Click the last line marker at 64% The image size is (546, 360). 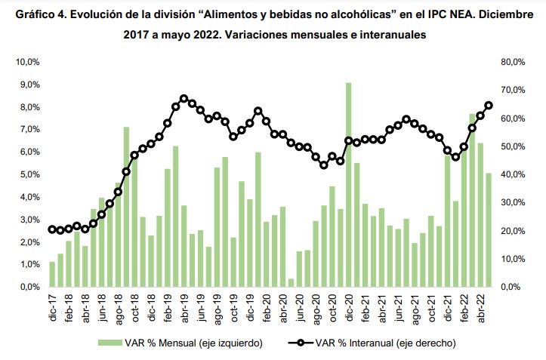[489, 106]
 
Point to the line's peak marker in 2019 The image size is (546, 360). [184, 98]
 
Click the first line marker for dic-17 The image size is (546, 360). [52, 229]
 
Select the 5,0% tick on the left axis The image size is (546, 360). [29, 174]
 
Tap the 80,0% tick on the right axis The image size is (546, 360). [513, 62]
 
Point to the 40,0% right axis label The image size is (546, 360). [513, 174]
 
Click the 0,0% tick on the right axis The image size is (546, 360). [513, 287]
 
